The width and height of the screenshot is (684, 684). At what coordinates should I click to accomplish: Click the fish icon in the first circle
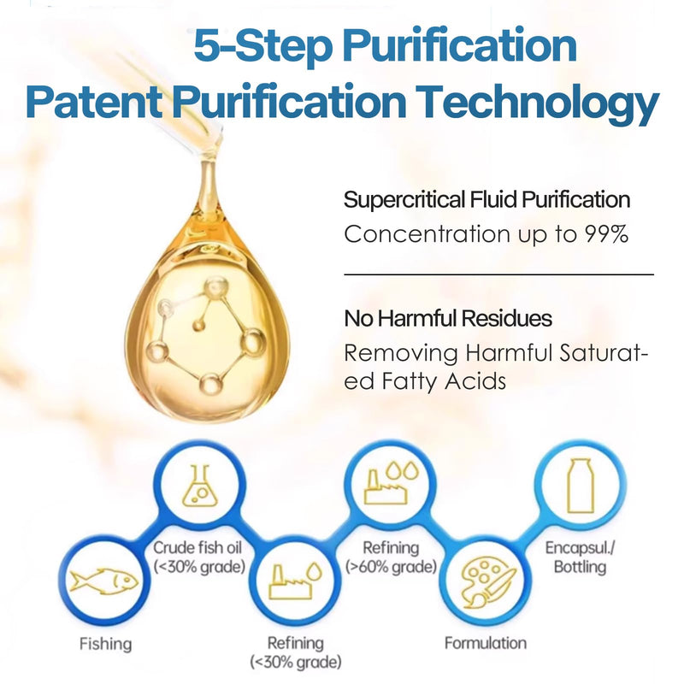coord(103,581)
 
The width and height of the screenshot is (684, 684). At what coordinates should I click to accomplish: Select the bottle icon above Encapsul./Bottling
coord(581,486)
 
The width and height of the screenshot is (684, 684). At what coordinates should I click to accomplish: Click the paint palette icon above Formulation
coord(487,583)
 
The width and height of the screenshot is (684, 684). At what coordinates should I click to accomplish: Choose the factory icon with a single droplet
coord(295,581)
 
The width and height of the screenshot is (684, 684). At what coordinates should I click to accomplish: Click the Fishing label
coord(105,644)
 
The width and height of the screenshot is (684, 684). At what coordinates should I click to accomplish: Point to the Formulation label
coord(486,643)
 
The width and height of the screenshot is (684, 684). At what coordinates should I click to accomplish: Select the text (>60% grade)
coord(392,567)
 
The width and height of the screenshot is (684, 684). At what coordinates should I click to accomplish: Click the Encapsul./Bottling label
coord(580,557)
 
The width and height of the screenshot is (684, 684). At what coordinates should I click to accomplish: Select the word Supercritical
coord(404,200)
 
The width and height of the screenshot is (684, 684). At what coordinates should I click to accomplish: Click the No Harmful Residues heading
coord(448,318)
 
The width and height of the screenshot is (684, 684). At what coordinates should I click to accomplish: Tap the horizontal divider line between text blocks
coord(498,274)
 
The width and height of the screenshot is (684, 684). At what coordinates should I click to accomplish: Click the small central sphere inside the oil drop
coord(199,326)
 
